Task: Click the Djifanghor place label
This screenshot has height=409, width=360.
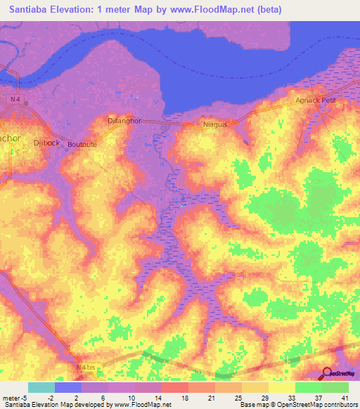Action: tap(124, 120)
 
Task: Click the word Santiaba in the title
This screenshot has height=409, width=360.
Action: tap(30, 9)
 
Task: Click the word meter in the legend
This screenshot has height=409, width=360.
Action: tap(11, 398)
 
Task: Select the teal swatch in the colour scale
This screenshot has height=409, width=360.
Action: tap(41, 387)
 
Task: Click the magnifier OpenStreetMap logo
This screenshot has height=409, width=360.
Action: tap(328, 373)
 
